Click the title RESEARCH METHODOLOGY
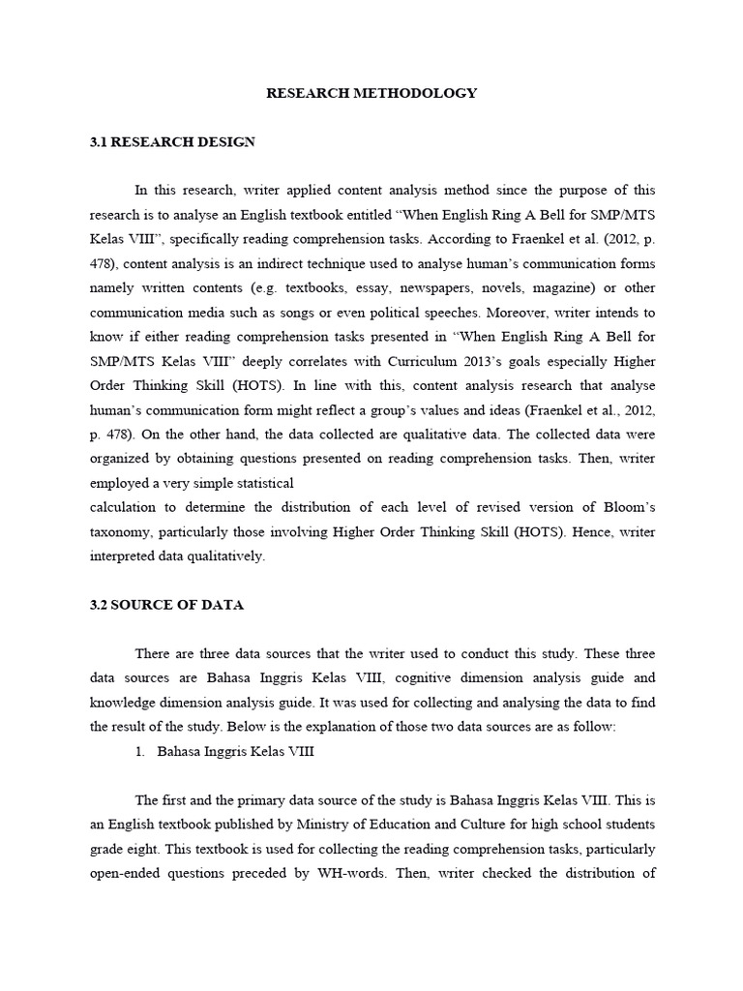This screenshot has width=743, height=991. click(371, 94)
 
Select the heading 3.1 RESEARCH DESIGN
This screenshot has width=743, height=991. click(172, 142)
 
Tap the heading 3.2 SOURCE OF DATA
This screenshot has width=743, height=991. click(166, 605)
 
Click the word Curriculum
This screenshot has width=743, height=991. click(394, 361)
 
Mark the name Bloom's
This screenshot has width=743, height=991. click(624, 507)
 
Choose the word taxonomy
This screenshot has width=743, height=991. click(122, 531)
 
